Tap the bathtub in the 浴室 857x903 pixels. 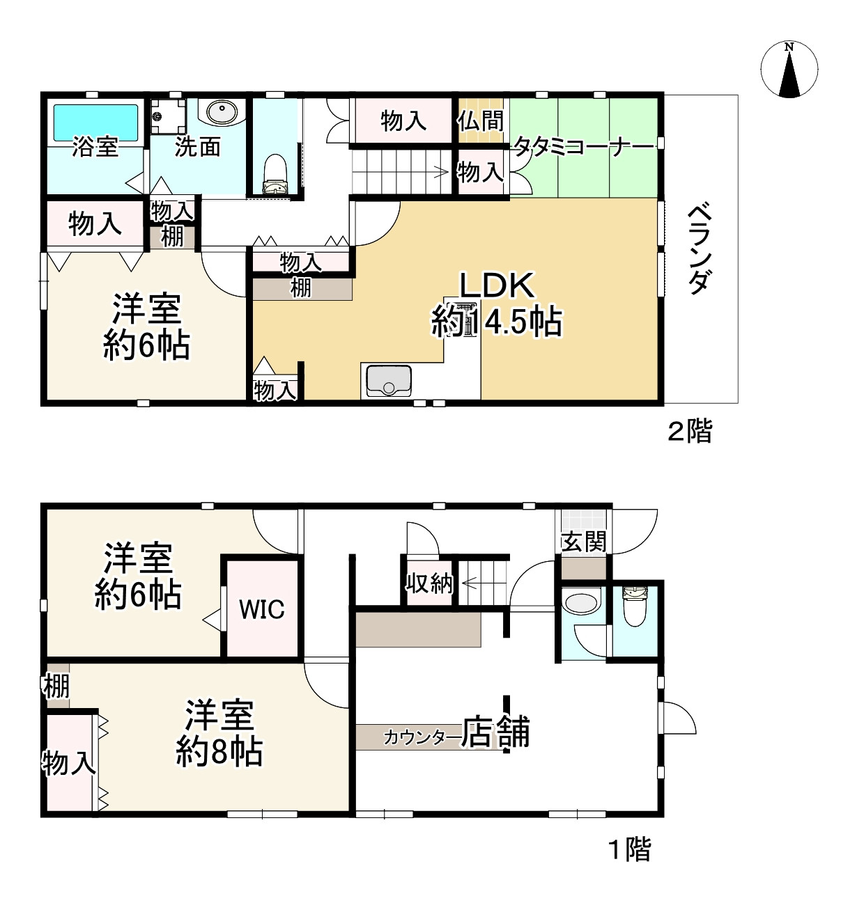click(95, 123)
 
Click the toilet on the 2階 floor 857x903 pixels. click(275, 174)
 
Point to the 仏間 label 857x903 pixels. click(480, 120)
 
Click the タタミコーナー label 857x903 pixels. click(584, 147)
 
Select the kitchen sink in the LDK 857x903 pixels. click(387, 379)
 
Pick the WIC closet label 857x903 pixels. click(262, 609)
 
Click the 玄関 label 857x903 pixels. click(584, 541)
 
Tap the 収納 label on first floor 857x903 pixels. click(429, 583)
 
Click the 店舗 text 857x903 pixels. click(496, 732)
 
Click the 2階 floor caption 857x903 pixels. click(690, 431)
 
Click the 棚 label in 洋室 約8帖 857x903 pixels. click(56, 686)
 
